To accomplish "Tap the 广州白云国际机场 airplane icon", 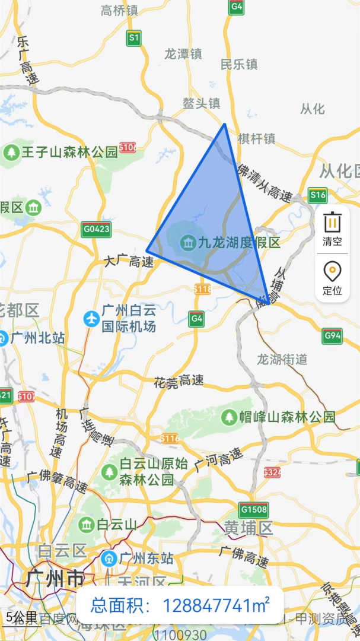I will pos(91,319).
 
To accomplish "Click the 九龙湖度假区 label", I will pos(238,242).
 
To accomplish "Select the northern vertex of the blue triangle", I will pos(224,124).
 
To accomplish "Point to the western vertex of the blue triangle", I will pos(146,250).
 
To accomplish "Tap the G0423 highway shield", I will pos(96,229).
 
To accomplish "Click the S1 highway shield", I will pos(134,39).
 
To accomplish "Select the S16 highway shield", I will pos(318,195).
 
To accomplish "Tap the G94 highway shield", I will pos(332,336).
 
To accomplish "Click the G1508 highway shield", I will pos(254,509).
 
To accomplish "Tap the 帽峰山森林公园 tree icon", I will pos(229,417).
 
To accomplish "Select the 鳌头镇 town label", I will pos(201,103).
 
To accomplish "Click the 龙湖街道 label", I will pos(282,359).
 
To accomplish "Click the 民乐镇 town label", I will pos(239,64).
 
